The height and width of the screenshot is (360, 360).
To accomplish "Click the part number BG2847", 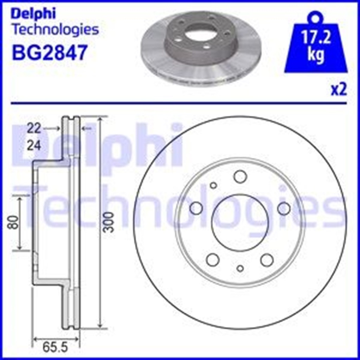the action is [x=50, y=52].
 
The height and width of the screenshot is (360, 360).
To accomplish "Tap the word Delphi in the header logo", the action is [x=33, y=14].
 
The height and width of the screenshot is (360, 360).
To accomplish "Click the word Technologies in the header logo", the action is [x=55, y=30].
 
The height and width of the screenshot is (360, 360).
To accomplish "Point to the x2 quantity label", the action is [x=339, y=90].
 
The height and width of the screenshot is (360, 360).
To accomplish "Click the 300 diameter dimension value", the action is [x=109, y=222].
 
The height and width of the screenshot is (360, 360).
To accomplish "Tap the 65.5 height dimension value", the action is [x=55, y=348].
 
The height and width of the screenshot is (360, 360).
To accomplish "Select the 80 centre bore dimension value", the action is [x=14, y=222].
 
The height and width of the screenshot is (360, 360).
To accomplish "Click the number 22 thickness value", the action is [x=34, y=128].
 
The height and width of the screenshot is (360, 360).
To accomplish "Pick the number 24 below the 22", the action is [x=34, y=146].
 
